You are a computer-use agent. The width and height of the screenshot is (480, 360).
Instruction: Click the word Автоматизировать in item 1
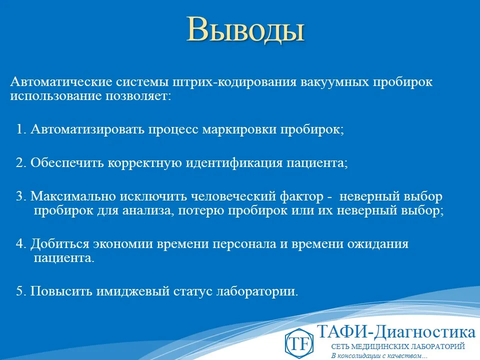87,129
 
